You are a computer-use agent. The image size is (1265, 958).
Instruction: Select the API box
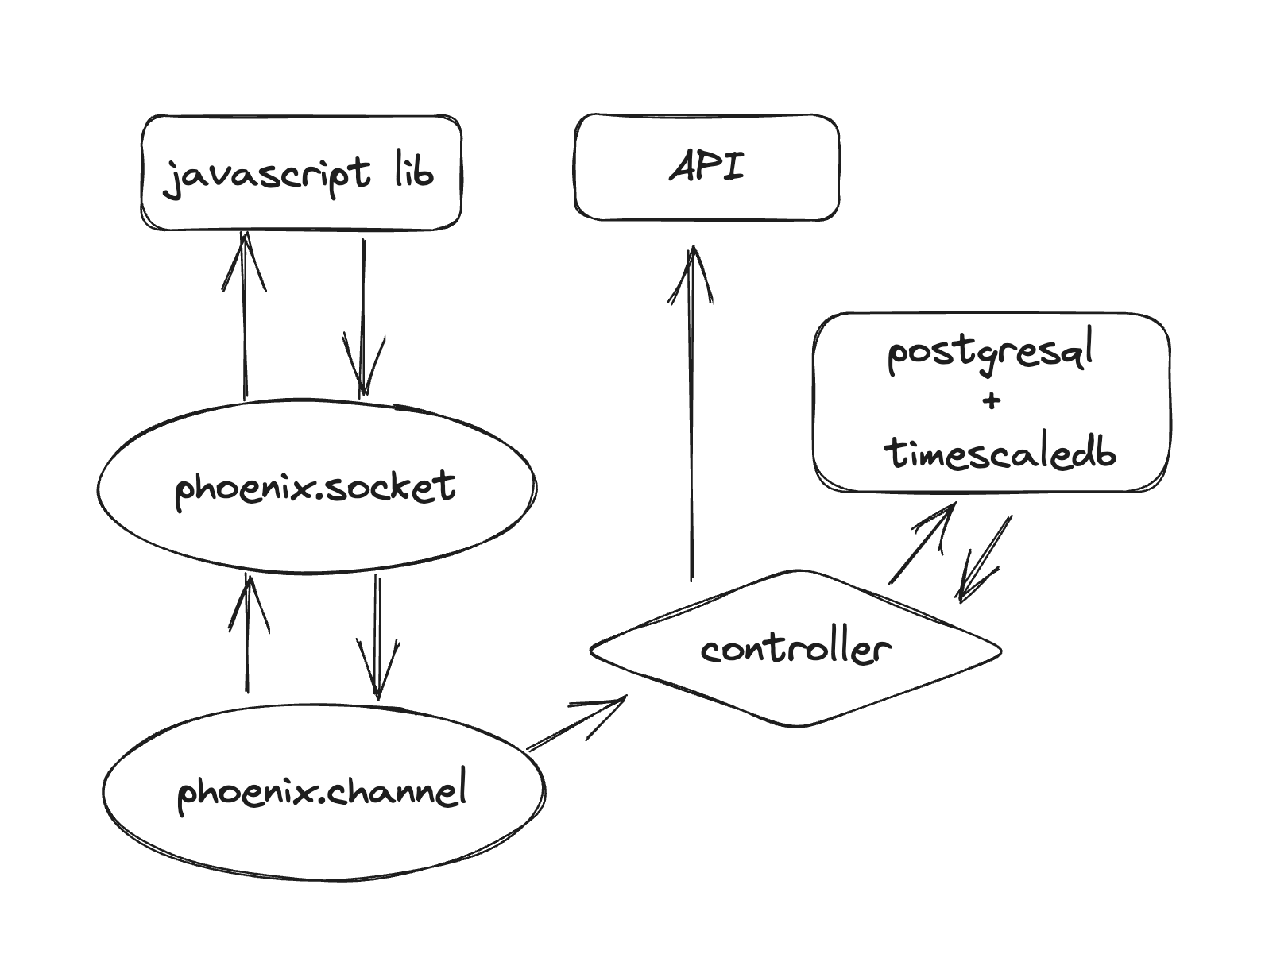(x=706, y=168)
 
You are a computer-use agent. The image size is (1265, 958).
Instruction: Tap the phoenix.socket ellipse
(x=316, y=486)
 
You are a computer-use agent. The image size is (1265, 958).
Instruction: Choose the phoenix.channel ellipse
(x=323, y=790)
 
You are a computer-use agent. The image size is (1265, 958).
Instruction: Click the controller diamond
(x=795, y=649)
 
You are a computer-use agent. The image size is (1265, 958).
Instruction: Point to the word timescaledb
(x=1000, y=453)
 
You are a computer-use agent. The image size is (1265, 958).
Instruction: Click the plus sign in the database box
(x=991, y=401)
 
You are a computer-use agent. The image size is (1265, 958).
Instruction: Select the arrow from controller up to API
(x=692, y=413)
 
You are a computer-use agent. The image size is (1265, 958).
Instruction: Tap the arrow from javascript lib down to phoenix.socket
(x=364, y=318)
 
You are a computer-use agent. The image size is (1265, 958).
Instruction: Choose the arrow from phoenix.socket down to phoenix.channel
(x=377, y=635)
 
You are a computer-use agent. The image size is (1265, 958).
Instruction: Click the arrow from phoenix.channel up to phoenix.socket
(x=248, y=632)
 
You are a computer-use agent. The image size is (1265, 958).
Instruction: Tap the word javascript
(x=266, y=175)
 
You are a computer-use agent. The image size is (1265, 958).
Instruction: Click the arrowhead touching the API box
(x=692, y=266)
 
